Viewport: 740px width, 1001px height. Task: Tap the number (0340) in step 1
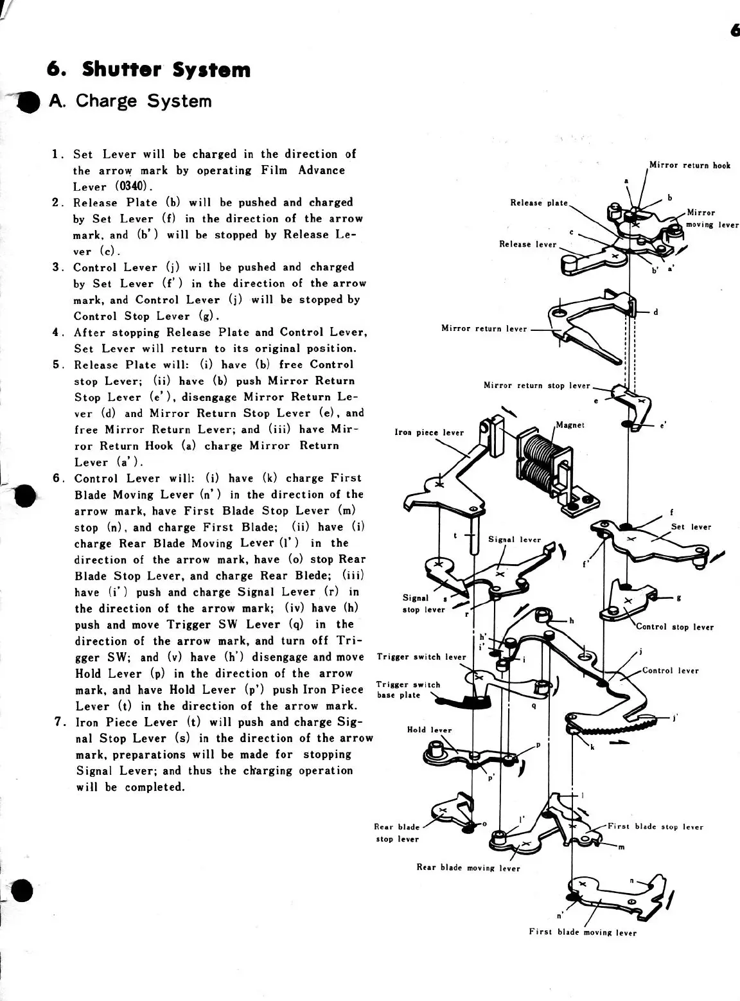click(x=133, y=187)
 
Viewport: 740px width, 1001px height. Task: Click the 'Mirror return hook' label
click(x=690, y=165)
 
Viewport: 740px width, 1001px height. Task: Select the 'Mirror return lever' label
click(x=484, y=329)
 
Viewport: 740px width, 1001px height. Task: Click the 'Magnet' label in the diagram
click(x=570, y=425)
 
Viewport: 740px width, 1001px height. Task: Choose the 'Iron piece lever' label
click(x=428, y=432)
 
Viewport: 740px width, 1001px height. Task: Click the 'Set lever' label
click(x=691, y=527)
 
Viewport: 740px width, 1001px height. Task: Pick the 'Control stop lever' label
click(x=674, y=627)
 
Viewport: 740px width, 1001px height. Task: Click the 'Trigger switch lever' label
click(x=421, y=657)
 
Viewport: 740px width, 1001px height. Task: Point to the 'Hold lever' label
click(x=429, y=730)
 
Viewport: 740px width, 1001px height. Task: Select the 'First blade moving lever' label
click(x=583, y=932)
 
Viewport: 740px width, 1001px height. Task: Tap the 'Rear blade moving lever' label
click(x=468, y=868)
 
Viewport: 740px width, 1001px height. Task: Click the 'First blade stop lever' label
click(x=655, y=827)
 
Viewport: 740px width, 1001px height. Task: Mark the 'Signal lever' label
click(x=515, y=540)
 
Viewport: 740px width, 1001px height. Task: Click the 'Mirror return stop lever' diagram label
click(x=536, y=385)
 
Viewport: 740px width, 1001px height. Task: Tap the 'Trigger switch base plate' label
click(x=409, y=690)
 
